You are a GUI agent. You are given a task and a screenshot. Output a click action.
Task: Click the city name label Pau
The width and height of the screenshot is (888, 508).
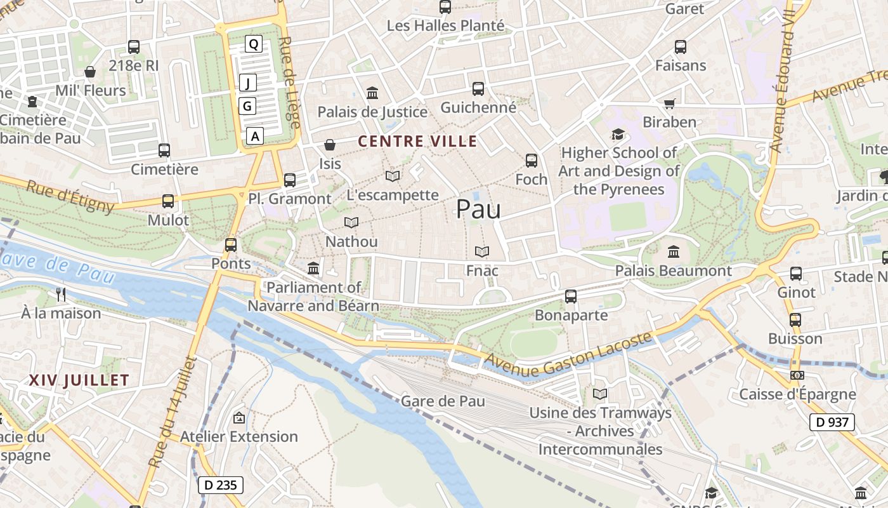(478, 210)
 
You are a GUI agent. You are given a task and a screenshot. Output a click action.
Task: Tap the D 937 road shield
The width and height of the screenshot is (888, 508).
(832, 422)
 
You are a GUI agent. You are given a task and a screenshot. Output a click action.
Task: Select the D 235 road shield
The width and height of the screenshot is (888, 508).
(221, 485)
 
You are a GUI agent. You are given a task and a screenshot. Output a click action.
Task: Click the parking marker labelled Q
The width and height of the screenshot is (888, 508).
(253, 44)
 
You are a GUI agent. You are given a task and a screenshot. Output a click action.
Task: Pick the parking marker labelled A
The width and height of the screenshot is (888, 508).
(255, 136)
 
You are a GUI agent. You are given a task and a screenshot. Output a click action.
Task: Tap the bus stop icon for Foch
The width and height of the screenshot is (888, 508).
(532, 161)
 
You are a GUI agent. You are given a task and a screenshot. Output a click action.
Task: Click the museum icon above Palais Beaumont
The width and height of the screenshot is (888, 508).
(674, 252)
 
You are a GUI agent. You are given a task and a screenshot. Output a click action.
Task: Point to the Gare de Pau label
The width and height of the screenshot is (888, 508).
(443, 401)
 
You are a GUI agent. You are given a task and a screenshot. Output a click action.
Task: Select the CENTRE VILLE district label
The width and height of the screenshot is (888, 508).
(417, 141)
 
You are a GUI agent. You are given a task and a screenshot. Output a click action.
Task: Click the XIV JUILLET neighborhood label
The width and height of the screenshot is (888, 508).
(79, 380)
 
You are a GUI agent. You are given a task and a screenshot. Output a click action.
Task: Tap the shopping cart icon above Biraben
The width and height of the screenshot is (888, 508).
(669, 104)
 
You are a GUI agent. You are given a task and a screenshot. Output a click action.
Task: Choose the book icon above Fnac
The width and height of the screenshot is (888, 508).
(482, 252)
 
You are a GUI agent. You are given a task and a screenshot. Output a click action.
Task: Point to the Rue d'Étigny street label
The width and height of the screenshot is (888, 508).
(70, 197)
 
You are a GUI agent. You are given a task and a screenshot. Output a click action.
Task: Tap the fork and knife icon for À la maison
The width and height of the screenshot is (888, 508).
(61, 294)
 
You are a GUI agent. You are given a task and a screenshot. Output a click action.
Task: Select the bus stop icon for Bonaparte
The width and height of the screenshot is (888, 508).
(571, 297)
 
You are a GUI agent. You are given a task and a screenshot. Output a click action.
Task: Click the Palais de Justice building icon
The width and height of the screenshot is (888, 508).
(372, 93)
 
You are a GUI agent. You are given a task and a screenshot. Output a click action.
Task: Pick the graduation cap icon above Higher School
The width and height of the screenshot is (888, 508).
(618, 134)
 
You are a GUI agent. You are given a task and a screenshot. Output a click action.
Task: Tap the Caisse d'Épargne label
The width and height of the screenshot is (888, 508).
(797, 394)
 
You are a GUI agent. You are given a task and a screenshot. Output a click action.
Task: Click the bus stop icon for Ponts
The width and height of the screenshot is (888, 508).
(231, 244)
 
